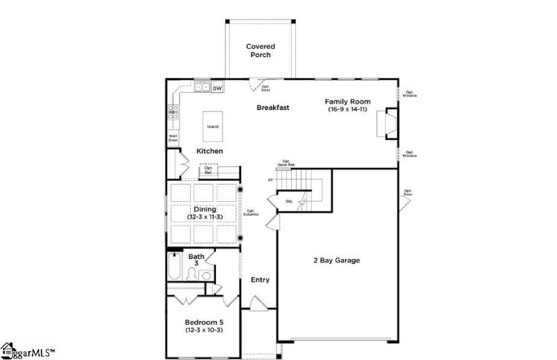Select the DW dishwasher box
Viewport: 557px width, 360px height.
[217, 88]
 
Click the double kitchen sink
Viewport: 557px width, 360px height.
[202, 88]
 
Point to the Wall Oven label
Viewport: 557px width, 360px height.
[173, 138]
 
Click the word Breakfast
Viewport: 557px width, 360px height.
[273, 107]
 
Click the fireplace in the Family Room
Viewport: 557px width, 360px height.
[387, 125]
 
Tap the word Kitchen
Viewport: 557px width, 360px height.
[209, 151]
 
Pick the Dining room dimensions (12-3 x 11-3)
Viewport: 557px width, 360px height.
[205, 217]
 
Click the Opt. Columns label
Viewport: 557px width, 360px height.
[251, 212]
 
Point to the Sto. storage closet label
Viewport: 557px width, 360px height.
[289, 202]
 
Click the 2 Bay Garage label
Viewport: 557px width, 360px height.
[336, 260]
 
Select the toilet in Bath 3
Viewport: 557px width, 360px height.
[206, 276]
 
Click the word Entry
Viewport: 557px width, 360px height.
[260, 280]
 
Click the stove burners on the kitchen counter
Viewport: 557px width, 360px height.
[173, 113]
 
